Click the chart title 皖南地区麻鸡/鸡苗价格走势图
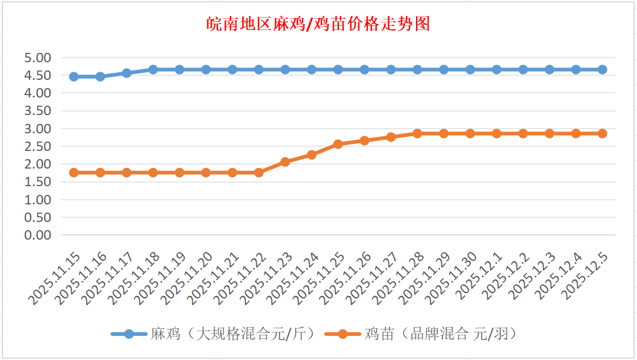(x=318, y=24)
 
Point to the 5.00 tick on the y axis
(x=38, y=58)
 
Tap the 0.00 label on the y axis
(x=38, y=235)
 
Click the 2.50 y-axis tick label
(x=38, y=146)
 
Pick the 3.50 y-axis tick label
(x=38, y=110)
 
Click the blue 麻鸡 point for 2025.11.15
(x=73, y=76)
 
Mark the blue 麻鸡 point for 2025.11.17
(x=126, y=73)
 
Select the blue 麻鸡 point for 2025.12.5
(x=602, y=69)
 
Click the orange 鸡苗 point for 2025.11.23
(x=285, y=162)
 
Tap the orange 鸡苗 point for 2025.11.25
(x=338, y=144)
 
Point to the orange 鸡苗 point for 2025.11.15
(x=73, y=172)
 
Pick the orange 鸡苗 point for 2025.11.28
(x=417, y=133)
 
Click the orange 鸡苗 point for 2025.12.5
(x=602, y=133)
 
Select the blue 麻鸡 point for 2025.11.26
(x=364, y=69)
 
